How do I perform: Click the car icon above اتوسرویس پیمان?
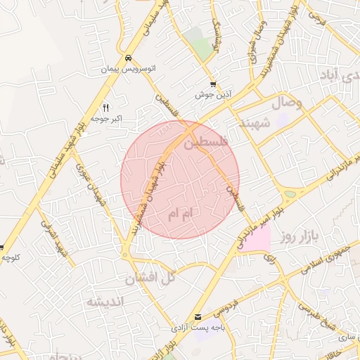coord(128,58)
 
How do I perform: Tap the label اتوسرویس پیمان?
coord(128,70)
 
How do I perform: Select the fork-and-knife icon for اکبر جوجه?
coord(106,108)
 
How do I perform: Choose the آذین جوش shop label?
coord(214,94)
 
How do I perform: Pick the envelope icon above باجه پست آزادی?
coord(198,317)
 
